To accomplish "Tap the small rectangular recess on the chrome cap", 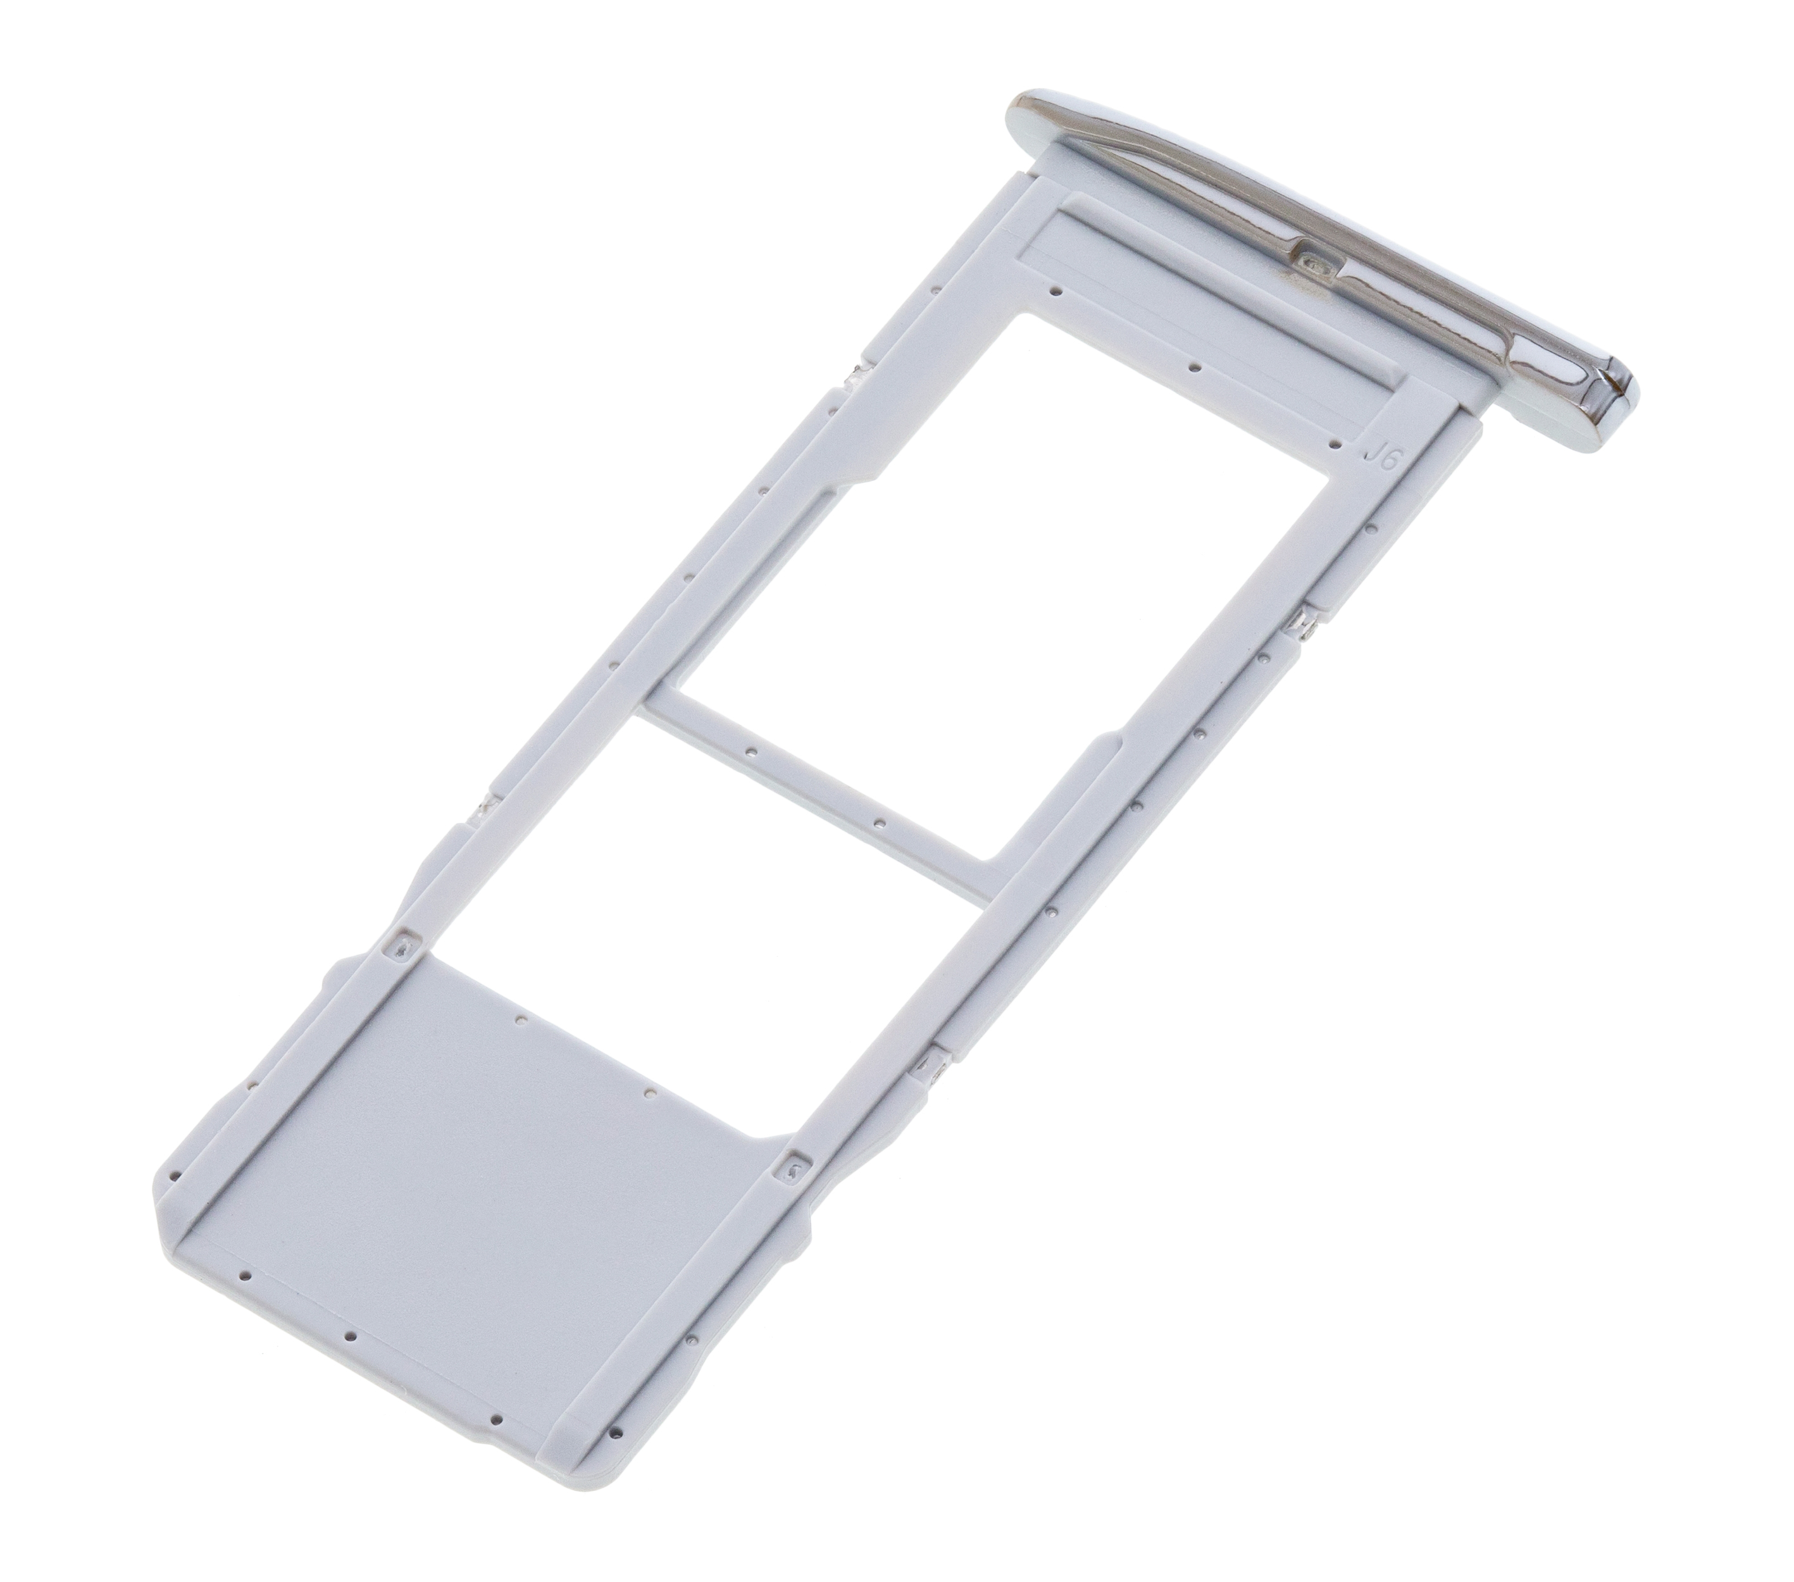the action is (x=1313, y=261).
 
